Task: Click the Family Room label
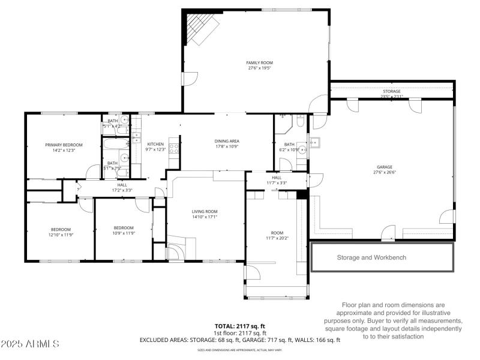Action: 259,62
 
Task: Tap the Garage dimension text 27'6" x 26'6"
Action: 384,172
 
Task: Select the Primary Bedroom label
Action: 64,145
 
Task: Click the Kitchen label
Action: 155,144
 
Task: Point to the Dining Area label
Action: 227,141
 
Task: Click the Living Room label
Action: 204,211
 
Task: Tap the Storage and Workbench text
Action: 371,257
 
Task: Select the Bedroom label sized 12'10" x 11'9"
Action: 61,229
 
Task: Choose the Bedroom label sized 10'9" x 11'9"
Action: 124,227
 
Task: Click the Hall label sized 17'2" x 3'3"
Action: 122,185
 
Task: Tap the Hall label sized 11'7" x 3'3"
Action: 277,178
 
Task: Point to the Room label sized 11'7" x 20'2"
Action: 277,233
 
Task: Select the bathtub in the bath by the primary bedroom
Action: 116,145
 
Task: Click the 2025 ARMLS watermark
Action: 30,344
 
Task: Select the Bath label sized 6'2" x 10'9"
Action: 290,144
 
